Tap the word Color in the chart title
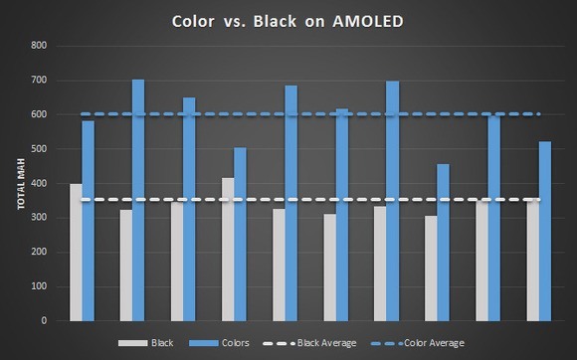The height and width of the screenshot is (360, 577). [195, 20]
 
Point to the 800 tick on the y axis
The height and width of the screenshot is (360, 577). [39, 46]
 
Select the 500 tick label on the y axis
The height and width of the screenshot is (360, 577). [39, 149]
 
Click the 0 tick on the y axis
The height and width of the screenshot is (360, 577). [45, 321]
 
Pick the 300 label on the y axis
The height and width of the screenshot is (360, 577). [39, 218]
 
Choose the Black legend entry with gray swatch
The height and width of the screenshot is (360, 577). [159, 343]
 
